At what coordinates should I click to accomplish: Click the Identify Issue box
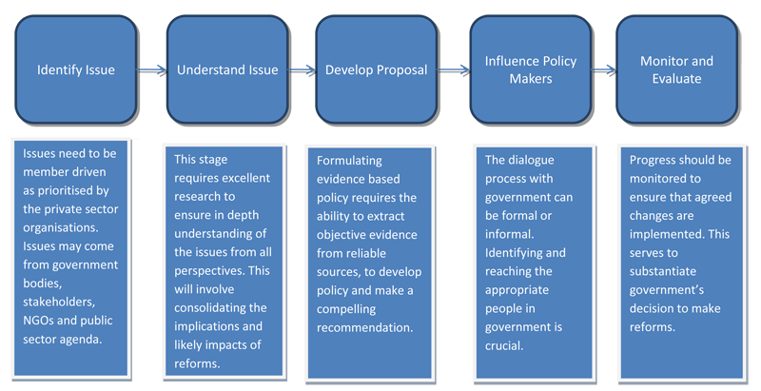tap(76, 69)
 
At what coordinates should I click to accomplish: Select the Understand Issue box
tap(227, 69)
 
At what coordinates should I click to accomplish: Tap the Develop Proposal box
tap(377, 69)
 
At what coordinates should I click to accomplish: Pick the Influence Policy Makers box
tap(531, 69)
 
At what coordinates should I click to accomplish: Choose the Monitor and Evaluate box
tap(677, 69)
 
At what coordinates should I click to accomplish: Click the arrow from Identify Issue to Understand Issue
tap(152, 70)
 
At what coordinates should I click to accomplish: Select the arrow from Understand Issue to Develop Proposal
tap(302, 70)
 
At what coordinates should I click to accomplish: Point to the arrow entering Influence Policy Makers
tap(454, 70)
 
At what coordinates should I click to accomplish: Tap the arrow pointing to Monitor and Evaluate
tap(604, 70)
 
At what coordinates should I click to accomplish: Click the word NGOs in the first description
tap(38, 321)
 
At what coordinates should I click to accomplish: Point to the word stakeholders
tap(59, 302)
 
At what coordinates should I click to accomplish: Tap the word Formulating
tap(349, 161)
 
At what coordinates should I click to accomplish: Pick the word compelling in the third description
tap(346, 309)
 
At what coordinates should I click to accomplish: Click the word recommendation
tap(365, 328)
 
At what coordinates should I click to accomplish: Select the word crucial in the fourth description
tap(504, 346)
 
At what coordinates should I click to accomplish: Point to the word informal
tap(510, 234)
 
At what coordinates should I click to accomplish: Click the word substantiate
tap(663, 271)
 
